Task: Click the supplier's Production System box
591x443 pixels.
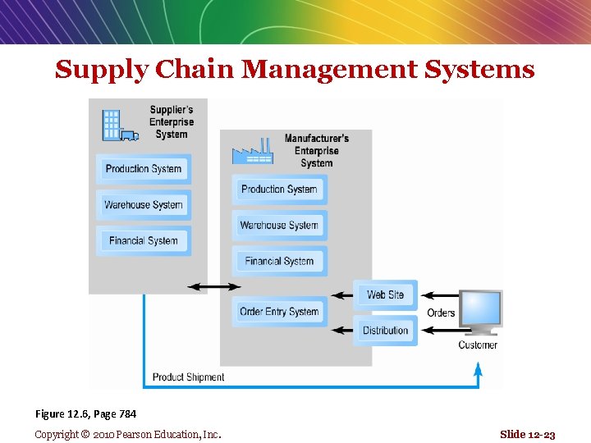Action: [x=144, y=169]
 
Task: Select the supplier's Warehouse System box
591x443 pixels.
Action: [x=144, y=205]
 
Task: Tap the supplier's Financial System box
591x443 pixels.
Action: [x=144, y=241]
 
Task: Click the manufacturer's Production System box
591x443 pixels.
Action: [x=279, y=190]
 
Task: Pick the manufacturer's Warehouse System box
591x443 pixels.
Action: [x=279, y=226]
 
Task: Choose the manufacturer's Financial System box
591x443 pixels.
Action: [x=279, y=262]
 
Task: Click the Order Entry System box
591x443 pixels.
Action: [x=279, y=312]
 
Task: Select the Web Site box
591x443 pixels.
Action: [x=385, y=295]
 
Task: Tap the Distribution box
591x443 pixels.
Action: [x=385, y=331]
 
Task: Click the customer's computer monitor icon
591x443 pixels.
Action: [x=480, y=312]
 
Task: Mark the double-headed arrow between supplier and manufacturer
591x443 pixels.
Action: [x=214, y=286]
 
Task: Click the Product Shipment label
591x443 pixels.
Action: [x=188, y=377]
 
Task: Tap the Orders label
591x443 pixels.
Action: [x=441, y=313]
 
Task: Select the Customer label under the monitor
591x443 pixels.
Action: [x=478, y=345]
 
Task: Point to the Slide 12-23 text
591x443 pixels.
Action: [x=527, y=434]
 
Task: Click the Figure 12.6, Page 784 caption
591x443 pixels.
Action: [x=85, y=414]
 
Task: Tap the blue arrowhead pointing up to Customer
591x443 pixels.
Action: [x=478, y=372]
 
